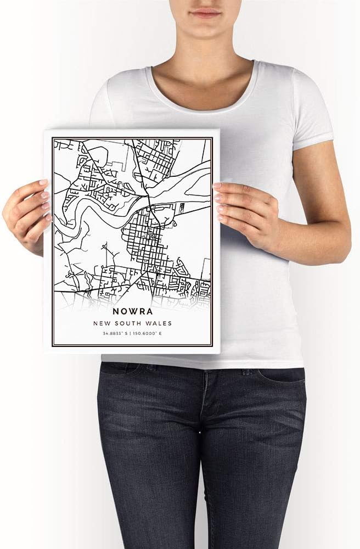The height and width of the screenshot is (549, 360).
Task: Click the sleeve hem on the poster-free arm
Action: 313,140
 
